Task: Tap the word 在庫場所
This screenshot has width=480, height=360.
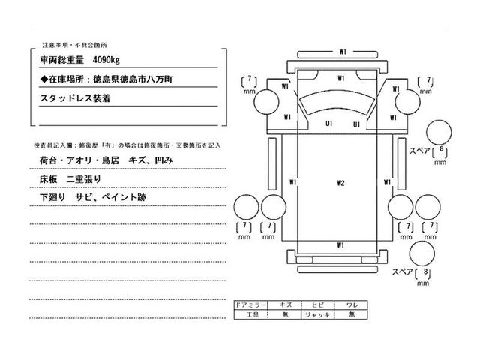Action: point(66,77)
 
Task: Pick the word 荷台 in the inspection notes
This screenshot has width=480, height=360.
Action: point(47,161)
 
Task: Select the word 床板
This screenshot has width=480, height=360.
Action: point(47,179)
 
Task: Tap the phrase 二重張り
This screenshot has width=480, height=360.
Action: point(84,179)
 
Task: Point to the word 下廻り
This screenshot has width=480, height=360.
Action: point(52,197)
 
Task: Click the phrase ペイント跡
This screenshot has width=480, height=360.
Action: point(125,197)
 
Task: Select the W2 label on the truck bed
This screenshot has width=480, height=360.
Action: point(340,182)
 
